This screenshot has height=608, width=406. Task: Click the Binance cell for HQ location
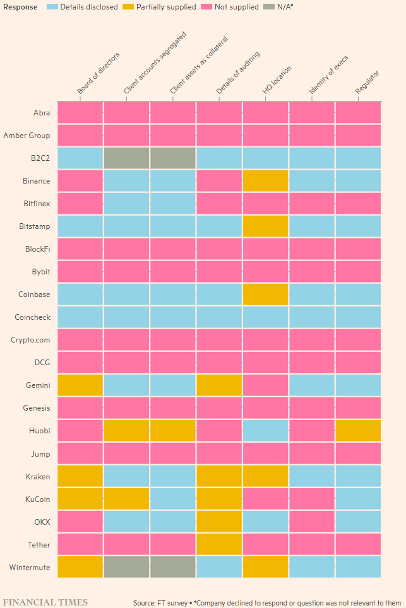point(265,181)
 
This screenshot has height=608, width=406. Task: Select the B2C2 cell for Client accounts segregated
point(126,158)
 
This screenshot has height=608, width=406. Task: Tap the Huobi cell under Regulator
point(358,431)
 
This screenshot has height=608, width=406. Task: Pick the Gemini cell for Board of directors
point(80,385)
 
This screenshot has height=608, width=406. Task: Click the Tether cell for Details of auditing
point(219,544)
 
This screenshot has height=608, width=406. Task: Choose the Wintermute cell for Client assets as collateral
point(172,567)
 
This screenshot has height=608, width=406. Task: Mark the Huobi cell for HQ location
point(265,431)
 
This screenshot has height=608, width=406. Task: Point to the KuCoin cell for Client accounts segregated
point(126,499)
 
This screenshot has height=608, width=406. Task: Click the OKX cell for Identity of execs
point(312,522)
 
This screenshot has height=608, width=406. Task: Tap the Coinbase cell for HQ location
point(265,295)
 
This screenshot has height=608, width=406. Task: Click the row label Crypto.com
point(30,340)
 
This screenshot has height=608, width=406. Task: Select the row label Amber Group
point(27,136)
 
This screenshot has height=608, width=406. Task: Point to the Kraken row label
point(39,476)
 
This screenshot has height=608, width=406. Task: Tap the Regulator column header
point(367,83)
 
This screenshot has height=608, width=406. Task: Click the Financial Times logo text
point(45,602)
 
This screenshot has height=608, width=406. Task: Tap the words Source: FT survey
point(160,603)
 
